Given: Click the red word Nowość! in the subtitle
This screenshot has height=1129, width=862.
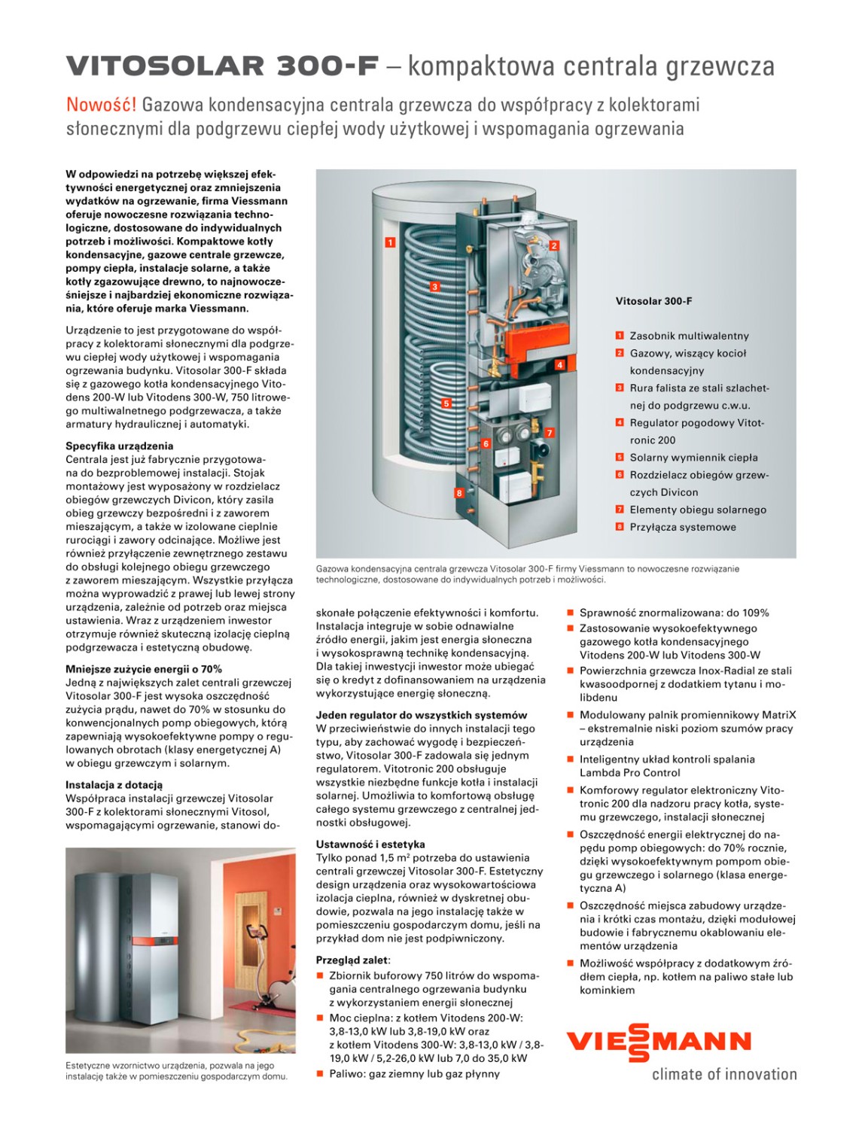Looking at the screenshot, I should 101,104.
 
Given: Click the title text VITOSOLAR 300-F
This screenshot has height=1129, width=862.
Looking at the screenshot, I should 222,66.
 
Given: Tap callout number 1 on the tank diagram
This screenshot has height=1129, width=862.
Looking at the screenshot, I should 390,242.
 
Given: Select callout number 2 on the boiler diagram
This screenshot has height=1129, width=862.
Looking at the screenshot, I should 554,245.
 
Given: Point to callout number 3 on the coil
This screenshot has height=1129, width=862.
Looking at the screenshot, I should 434,286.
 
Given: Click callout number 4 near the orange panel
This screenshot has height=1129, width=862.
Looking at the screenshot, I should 559,365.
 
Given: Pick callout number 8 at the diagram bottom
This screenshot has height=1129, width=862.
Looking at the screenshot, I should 458,493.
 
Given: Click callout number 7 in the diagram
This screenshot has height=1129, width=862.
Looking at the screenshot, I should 550,433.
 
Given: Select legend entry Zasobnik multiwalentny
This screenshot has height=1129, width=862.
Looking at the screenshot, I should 689,336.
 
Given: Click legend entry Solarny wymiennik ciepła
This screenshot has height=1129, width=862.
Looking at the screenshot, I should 693,458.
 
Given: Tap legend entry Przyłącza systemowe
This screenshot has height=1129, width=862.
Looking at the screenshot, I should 683,527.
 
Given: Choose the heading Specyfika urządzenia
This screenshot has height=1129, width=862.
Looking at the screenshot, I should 119,446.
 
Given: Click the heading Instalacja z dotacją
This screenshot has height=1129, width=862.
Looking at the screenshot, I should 114,785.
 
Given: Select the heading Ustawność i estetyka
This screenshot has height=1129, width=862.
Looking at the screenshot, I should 370,844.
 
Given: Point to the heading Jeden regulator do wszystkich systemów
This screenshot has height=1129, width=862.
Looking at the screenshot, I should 422,715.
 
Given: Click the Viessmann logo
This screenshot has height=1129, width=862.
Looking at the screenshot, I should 658,1042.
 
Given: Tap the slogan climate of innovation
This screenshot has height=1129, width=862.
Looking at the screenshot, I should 723,1074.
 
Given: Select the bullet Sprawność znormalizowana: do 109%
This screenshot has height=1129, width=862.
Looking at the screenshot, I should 674,613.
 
